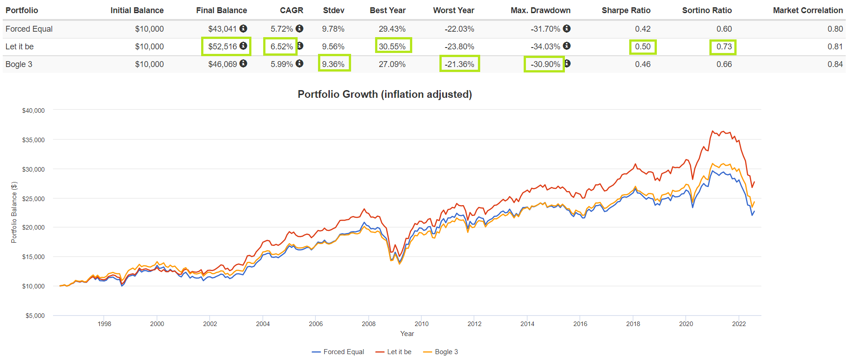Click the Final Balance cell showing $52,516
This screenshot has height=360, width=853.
point(222,47)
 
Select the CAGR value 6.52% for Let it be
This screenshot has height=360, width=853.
point(281,47)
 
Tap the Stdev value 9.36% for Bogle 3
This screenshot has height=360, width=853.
point(333,64)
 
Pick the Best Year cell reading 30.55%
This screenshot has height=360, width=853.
point(392,47)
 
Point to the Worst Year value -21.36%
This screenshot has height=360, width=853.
point(459,64)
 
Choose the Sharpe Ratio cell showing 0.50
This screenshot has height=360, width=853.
point(642,47)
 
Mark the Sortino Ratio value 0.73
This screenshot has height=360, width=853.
point(724,47)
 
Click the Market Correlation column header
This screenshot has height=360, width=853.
point(808,10)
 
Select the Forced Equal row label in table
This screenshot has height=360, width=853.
point(29,29)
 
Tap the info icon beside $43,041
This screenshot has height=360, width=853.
point(243,29)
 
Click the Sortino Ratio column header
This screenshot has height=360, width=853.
point(707,10)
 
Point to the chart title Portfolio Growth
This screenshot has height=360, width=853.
point(385,94)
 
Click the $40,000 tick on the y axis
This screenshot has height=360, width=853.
point(34,110)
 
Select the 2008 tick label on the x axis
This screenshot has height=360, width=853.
point(369,324)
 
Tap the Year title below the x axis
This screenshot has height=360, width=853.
point(407,334)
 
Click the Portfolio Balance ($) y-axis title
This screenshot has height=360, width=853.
point(14,212)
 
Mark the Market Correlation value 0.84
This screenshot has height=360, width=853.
point(835,64)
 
